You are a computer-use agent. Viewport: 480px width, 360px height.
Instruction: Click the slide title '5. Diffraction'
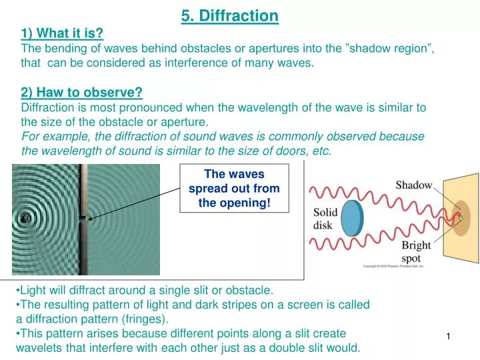tap(229, 15)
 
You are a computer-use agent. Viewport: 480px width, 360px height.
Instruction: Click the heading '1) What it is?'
tap(62, 33)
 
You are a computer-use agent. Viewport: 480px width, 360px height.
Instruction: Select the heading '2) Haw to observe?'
tap(82, 93)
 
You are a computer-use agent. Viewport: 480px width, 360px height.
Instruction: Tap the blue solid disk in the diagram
tap(351, 219)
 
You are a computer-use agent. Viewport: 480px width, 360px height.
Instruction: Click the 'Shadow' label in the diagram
tap(414, 185)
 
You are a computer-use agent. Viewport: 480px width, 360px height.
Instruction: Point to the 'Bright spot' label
tap(417, 251)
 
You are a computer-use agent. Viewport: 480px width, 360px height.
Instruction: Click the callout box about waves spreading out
tap(234, 189)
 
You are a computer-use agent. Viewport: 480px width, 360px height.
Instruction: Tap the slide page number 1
tap(449, 339)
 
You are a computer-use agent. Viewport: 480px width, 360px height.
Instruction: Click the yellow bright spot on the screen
tap(459, 218)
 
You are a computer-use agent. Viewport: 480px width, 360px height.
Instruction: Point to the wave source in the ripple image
tap(25, 217)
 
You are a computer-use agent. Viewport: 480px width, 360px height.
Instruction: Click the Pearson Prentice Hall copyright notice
tap(393, 267)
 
